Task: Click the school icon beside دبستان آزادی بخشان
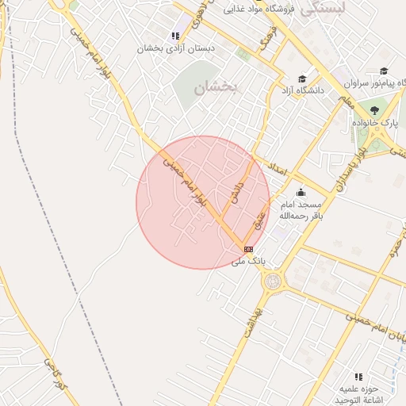[175, 36]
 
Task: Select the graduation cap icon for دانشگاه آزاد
[301, 79]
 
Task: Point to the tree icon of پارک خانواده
[374, 110]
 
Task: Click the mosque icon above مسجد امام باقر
[301, 193]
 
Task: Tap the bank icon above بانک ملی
[248, 249]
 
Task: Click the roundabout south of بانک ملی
[273, 281]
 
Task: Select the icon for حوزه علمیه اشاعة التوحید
[358, 377]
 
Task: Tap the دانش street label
[235, 191]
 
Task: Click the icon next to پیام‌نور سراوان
[384, 71]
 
